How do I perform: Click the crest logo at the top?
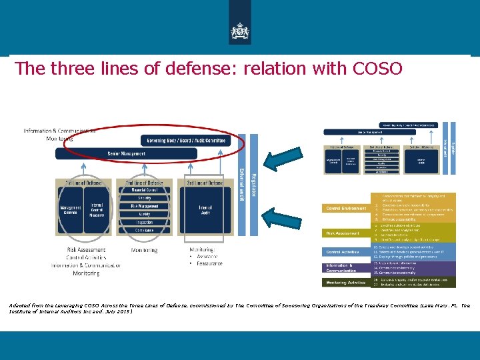239,31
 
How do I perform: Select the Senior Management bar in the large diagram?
126,154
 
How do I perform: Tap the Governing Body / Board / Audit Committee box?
186,141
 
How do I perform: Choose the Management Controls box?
71,209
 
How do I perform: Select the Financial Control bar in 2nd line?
145,190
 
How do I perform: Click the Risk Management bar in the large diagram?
145,206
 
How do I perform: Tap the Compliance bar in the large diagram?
145,231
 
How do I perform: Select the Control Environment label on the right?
346,209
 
